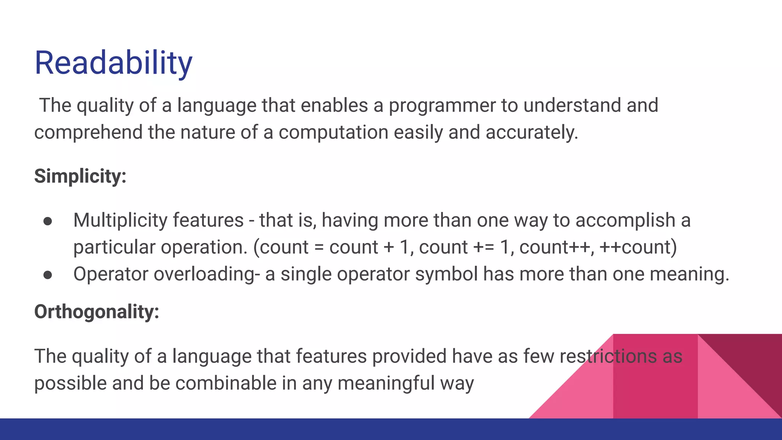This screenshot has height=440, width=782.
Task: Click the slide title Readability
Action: click(x=113, y=63)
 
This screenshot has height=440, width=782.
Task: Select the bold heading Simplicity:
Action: click(x=80, y=176)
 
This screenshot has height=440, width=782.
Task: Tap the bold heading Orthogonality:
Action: click(x=97, y=312)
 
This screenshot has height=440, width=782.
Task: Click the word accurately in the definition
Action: click(x=532, y=133)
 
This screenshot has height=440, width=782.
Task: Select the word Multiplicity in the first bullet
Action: click(x=120, y=221)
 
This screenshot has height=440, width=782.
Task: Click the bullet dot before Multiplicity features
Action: click(x=48, y=222)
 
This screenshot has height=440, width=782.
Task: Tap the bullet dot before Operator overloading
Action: click(x=48, y=275)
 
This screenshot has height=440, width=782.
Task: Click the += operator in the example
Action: click(x=484, y=247)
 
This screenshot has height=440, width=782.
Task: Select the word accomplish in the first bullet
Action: click(x=625, y=221)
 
